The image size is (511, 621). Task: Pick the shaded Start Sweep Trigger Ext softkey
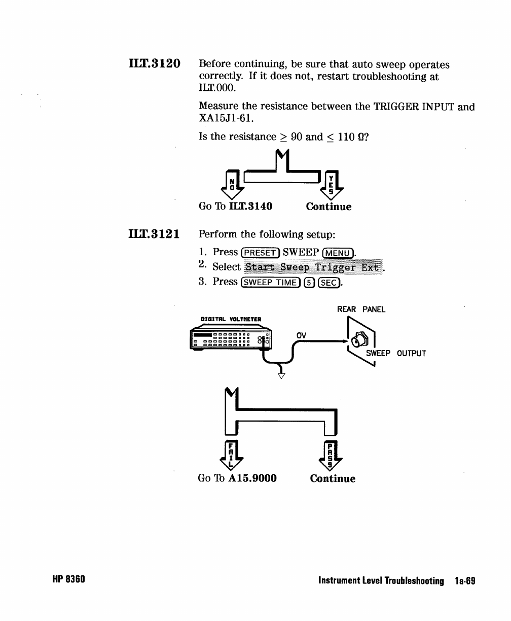pos(312,267)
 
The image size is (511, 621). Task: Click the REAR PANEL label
pos(361,309)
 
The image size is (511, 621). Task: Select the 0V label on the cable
pos(302,335)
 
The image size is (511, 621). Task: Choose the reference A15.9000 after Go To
pos(252,478)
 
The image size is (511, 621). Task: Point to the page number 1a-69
pos(464,580)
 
